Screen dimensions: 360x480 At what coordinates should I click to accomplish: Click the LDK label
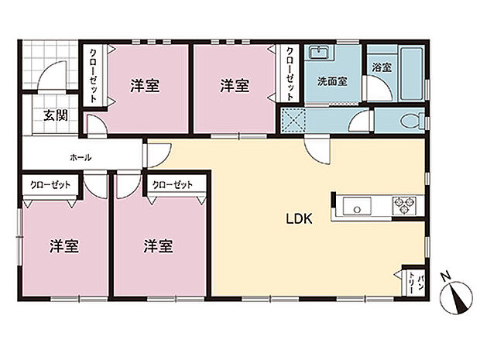(x=300, y=219)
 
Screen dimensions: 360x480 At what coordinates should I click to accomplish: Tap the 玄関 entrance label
(x=55, y=116)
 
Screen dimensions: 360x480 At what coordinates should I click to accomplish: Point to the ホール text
(x=81, y=157)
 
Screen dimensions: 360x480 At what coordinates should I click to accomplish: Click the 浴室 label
(x=382, y=68)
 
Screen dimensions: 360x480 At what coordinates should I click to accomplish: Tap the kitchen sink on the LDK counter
(x=357, y=206)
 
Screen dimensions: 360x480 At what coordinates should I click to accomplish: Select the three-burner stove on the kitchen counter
(x=405, y=206)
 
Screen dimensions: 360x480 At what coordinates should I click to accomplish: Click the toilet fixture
(x=410, y=121)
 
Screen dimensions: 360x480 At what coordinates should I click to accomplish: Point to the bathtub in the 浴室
(x=410, y=70)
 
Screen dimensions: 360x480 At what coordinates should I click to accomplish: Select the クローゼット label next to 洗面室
(x=290, y=74)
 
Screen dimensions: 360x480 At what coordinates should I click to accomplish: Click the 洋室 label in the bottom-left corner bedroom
(x=65, y=247)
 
